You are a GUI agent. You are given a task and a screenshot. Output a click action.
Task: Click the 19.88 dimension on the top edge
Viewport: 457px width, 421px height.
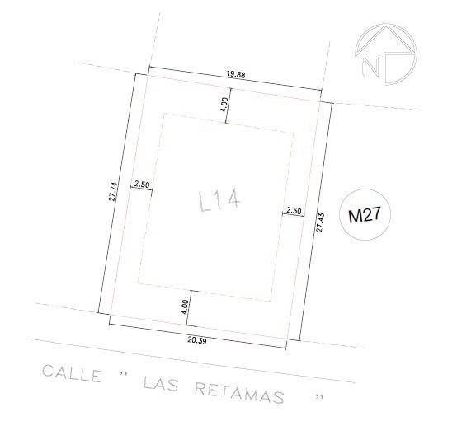(x=236, y=74)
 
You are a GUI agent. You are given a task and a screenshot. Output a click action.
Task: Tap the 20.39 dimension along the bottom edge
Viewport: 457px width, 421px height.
(x=197, y=340)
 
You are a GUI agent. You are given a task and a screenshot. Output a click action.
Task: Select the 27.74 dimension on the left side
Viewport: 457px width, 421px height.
(x=113, y=192)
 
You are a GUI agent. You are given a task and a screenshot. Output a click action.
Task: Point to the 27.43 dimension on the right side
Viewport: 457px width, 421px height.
(x=320, y=222)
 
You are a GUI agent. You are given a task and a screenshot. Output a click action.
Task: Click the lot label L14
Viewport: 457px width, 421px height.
(x=219, y=201)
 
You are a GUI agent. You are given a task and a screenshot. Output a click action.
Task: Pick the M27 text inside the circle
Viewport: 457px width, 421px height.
(x=365, y=215)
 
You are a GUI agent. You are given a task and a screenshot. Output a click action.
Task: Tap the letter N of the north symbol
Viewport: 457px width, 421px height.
(x=370, y=68)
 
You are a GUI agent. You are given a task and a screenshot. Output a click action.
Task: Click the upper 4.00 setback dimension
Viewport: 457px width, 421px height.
(x=224, y=105)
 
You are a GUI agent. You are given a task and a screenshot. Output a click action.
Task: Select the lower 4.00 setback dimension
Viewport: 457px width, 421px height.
(x=185, y=306)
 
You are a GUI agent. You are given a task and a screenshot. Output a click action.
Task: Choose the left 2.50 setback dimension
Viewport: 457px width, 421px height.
(x=142, y=185)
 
